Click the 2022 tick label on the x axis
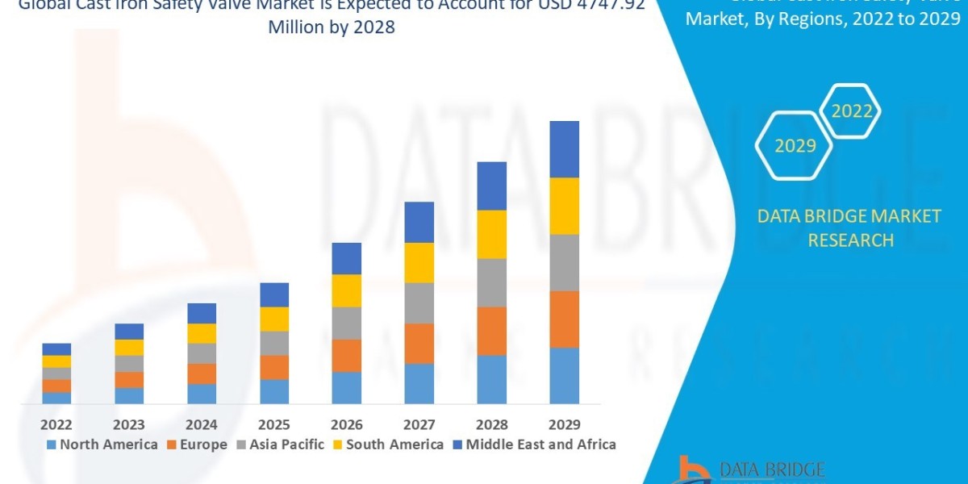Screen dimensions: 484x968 click(56, 424)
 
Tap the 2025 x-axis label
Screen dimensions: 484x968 click(274, 424)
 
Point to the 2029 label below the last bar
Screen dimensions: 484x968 click(564, 424)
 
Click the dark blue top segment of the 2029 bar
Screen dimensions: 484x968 click(564, 149)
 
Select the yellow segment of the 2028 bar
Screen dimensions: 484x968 click(491, 234)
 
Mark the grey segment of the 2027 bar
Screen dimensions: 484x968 click(419, 302)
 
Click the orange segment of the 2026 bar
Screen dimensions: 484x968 click(346, 355)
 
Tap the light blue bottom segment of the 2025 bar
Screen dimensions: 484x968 click(274, 391)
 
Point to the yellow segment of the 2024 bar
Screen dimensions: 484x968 click(202, 333)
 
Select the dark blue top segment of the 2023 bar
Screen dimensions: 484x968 click(129, 331)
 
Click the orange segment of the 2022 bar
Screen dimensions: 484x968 click(56, 386)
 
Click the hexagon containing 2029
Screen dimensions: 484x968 click(794, 146)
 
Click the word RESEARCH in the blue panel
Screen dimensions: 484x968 click(849, 240)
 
